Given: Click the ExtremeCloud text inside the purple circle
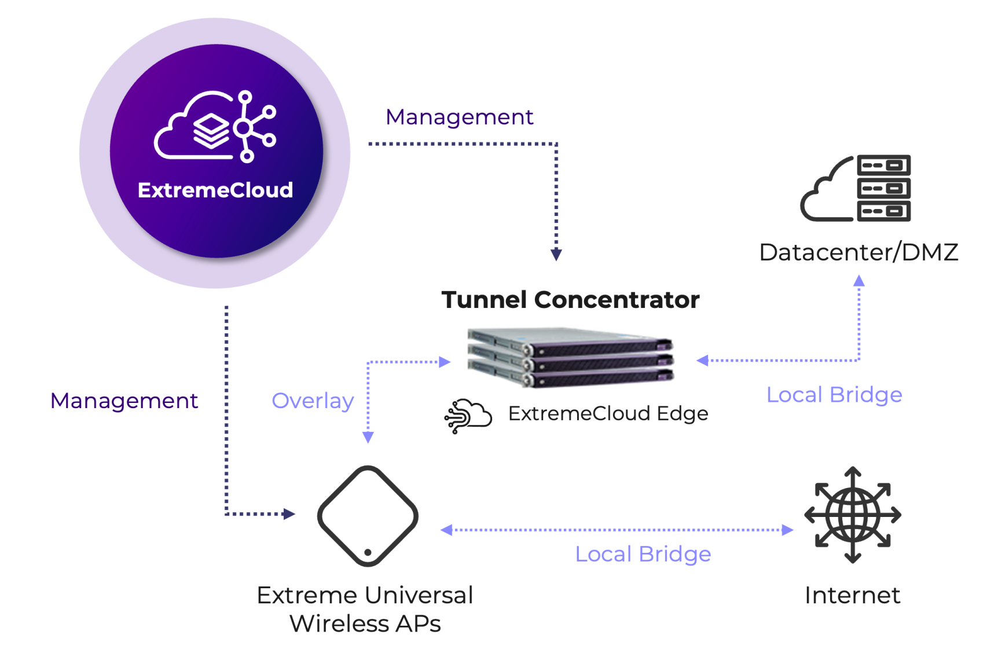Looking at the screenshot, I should point(215,190).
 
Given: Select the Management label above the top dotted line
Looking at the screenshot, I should point(459,118).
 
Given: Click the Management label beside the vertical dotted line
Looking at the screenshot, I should point(124,401).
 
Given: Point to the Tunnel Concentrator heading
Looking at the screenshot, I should point(570,300).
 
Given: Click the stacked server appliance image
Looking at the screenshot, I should point(571,357).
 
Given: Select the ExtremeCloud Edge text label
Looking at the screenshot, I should point(608,413).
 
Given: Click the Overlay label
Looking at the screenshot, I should point(313,401).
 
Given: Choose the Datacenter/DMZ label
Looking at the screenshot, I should point(859,252).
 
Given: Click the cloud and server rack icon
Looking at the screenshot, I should point(856,188).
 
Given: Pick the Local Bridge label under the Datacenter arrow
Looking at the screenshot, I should point(834,395).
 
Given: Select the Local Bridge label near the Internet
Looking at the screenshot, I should point(643,554).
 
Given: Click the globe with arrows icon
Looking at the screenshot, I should point(853,515).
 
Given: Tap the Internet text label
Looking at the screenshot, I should point(853,595).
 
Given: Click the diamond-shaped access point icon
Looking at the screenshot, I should point(368,516).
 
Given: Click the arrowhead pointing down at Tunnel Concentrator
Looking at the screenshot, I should point(556,254).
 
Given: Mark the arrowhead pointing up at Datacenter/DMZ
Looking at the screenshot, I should point(859,281).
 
